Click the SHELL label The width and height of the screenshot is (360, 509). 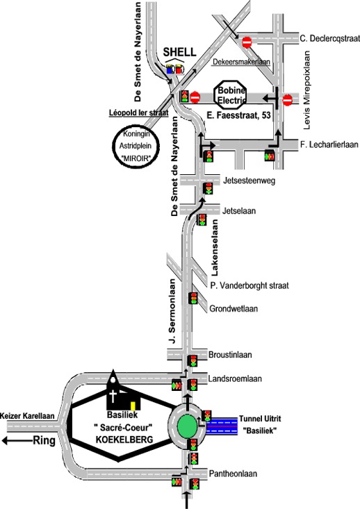pyautogui.click(x=179, y=52)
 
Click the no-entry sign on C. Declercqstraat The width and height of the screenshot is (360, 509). pyautogui.click(x=247, y=42)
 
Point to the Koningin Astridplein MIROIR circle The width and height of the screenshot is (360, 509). pyautogui.click(x=136, y=146)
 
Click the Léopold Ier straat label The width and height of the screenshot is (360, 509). pyautogui.click(x=139, y=113)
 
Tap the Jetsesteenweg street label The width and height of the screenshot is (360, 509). pyautogui.click(x=249, y=181)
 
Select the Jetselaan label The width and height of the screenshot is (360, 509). pyautogui.click(x=239, y=211)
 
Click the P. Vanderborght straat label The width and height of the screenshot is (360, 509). pyautogui.click(x=249, y=285)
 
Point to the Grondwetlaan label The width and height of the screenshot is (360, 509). pyautogui.click(x=234, y=308)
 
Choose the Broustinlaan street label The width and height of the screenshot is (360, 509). pyautogui.click(x=230, y=354)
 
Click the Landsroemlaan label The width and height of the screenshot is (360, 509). pyautogui.click(x=235, y=379)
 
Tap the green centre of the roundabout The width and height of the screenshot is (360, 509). pyautogui.click(x=187, y=426)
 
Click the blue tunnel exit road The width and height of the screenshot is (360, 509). pyautogui.click(x=222, y=426)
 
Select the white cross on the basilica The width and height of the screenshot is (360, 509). pyautogui.click(x=113, y=397)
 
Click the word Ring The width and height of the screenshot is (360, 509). pyautogui.click(x=44, y=441)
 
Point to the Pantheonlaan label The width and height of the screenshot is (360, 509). pyautogui.click(x=233, y=474)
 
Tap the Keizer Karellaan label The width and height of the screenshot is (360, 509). pyautogui.click(x=28, y=416)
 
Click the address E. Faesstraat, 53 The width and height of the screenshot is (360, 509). pyautogui.click(x=238, y=115)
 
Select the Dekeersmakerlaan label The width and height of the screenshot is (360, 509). pyautogui.click(x=241, y=62)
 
